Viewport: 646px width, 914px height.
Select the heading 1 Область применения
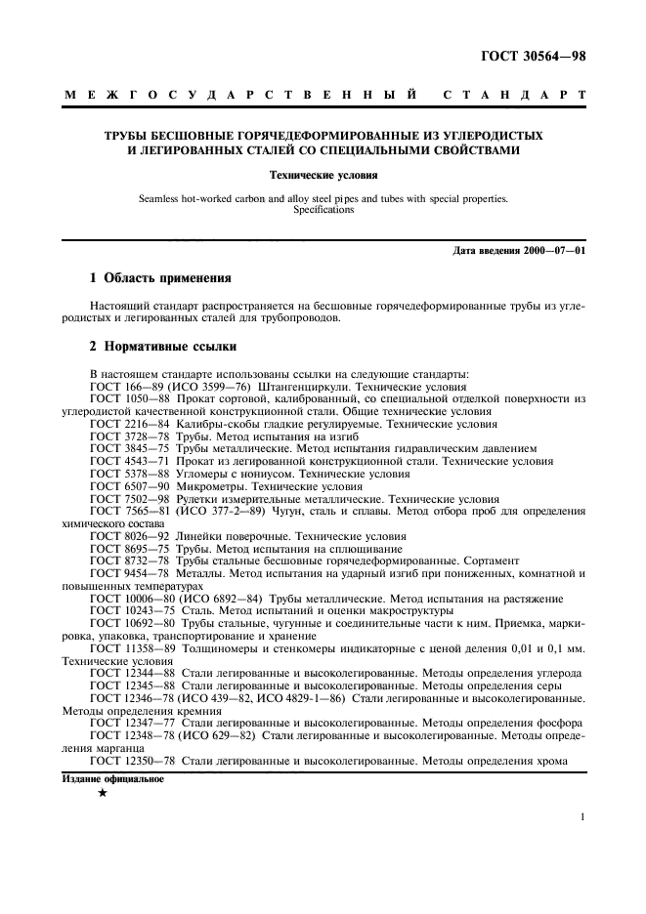[x=153, y=277]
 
